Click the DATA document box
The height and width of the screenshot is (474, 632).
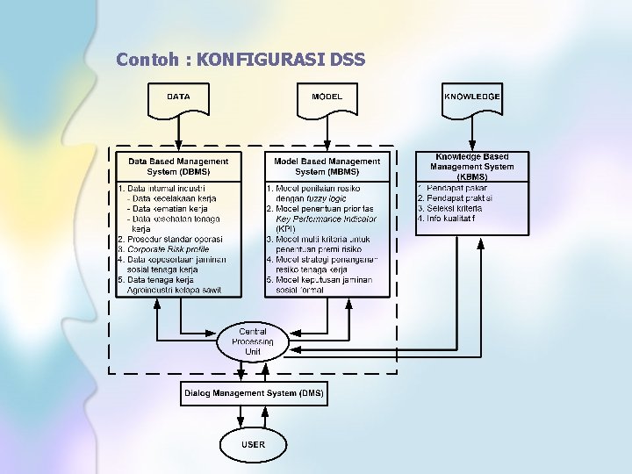pyautogui.click(x=178, y=98)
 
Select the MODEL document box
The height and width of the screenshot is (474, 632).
pyautogui.click(x=327, y=98)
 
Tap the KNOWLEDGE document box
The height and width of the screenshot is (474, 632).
pyautogui.click(x=472, y=98)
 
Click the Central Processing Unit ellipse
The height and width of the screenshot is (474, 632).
pyautogui.click(x=253, y=341)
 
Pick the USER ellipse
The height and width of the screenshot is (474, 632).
pyautogui.click(x=253, y=445)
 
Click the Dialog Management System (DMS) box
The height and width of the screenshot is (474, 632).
pyautogui.click(x=254, y=392)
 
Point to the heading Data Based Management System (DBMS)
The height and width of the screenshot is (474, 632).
pyautogui.click(x=178, y=166)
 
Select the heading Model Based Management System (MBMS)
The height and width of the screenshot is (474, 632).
pyautogui.click(x=327, y=166)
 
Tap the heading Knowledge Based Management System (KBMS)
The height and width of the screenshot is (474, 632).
pyautogui.click(x=472, y=166)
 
